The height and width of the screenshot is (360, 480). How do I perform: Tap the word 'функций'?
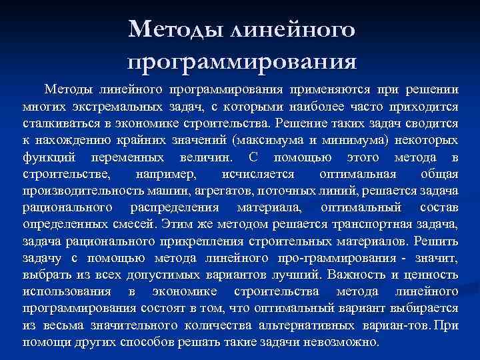point(49,158)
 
